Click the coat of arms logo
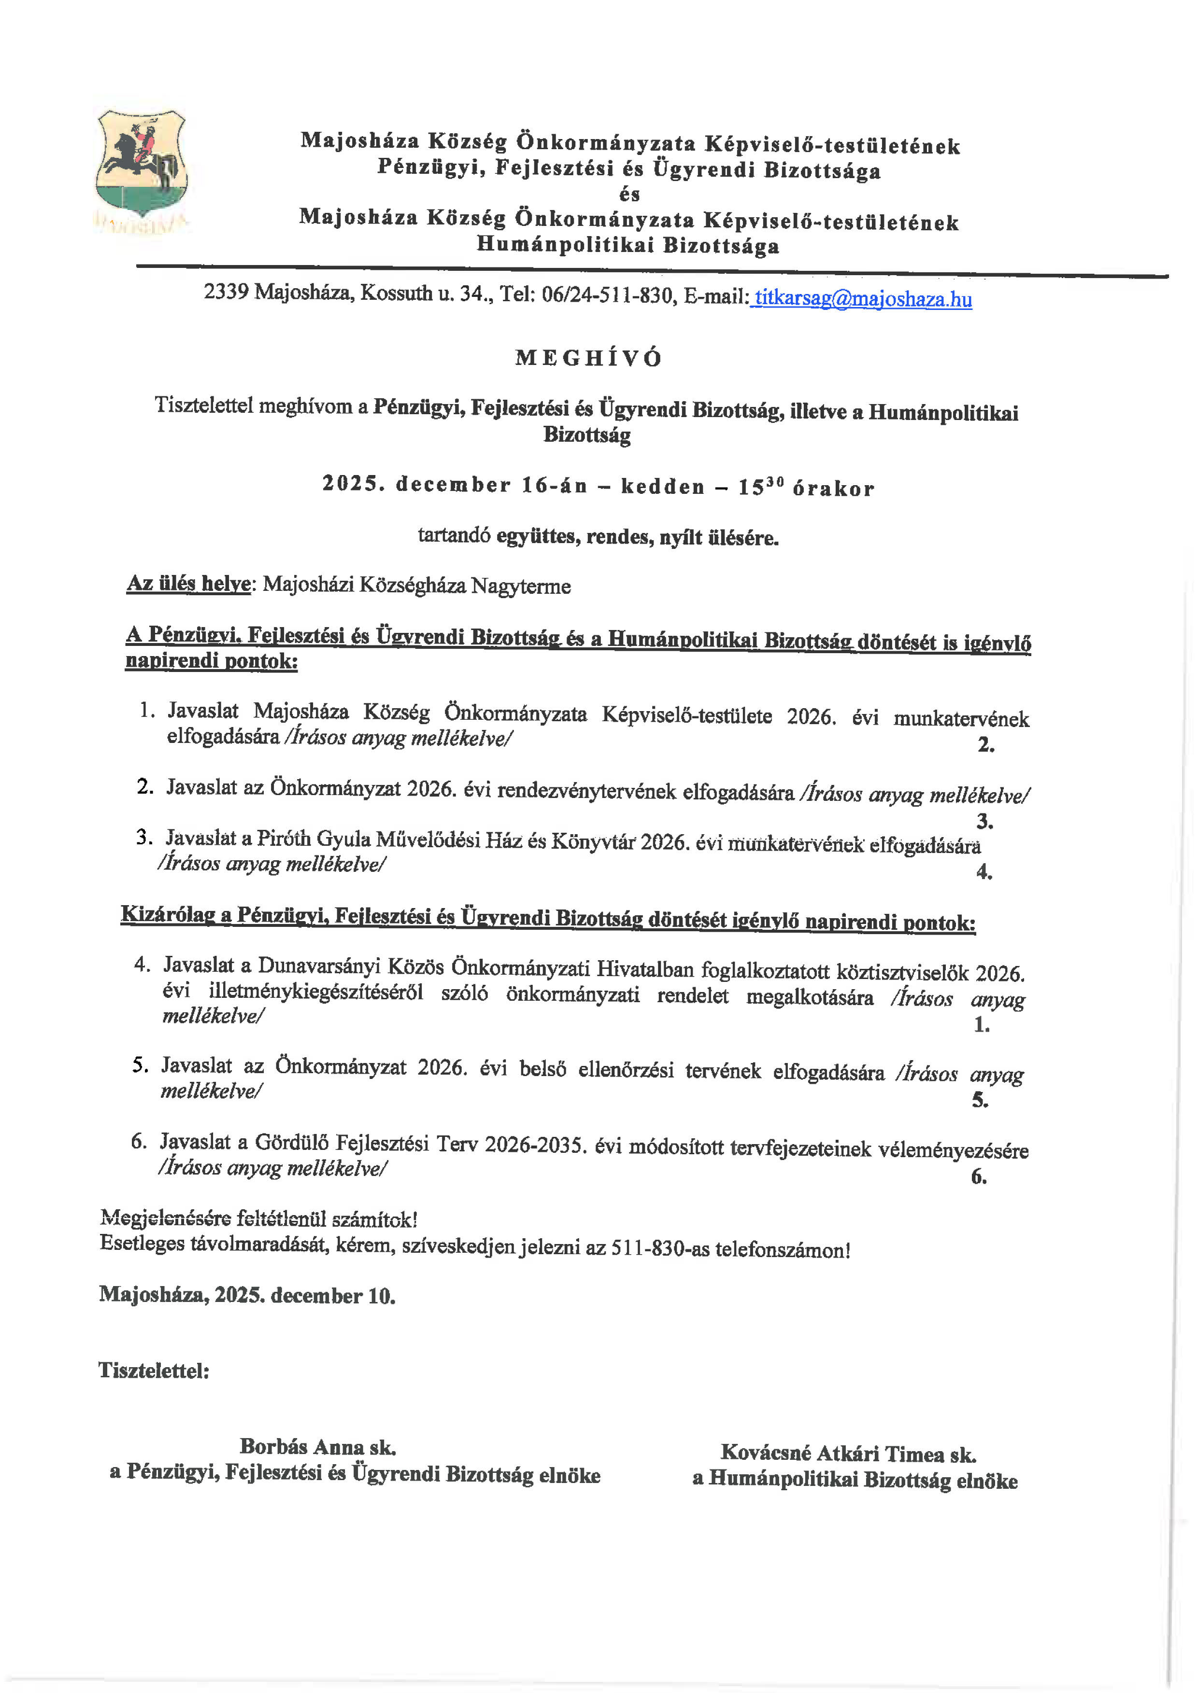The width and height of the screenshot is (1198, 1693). click(141, 166)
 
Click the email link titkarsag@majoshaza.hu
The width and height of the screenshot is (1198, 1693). click(862, 299)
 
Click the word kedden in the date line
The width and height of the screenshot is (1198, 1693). click(662, 487)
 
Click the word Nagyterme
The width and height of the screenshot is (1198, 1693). click(521, 586)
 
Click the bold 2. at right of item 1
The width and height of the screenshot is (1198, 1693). click(985, 745)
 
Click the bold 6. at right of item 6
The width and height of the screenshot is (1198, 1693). click(978, 1177)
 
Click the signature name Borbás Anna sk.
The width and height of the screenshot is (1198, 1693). click(318, 1447)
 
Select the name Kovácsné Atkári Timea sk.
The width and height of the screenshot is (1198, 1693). click(848, 1454)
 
